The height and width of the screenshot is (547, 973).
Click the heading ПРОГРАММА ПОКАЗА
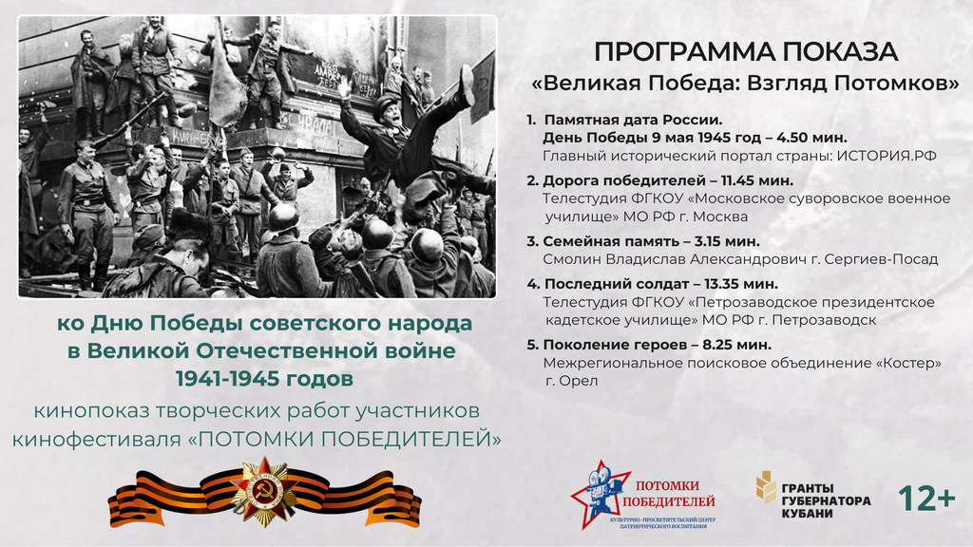(746, 52)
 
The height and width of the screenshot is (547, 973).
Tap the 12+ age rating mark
(926, 499)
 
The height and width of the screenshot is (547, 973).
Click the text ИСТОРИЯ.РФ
(887, 156)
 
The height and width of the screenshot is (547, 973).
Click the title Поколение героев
(609, 344)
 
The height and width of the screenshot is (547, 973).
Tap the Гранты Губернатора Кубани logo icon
(766, 487)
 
